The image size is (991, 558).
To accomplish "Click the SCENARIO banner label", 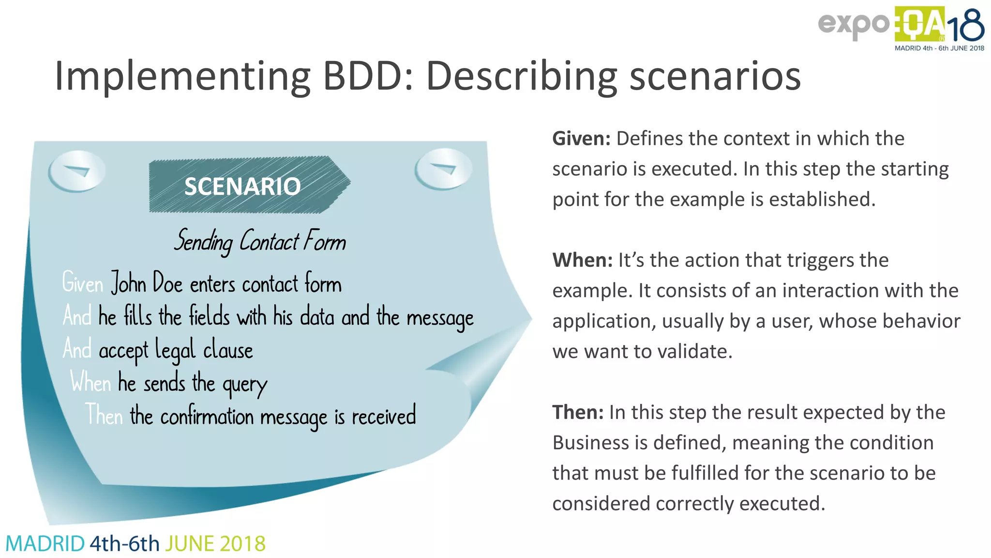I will coord(242,186).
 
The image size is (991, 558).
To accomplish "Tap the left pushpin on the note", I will coord(76,171).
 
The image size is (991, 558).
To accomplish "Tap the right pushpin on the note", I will coord(443,169).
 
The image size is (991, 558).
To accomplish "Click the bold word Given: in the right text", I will coord(582,139).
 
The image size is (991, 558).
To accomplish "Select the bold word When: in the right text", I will coord(583,261).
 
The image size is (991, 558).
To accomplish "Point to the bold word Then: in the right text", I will coord(578,413).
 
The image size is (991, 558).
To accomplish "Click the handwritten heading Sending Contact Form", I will coord(260,241).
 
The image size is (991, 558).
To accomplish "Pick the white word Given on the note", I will coord(83,283).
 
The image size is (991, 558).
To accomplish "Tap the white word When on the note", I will coord(91,382).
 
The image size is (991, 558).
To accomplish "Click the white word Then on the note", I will coord(104,415).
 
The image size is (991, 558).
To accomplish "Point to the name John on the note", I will coord(129,283).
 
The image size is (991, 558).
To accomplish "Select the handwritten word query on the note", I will coord(244,385).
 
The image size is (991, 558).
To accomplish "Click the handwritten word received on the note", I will coord(384,416).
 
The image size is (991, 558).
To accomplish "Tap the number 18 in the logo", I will coord(965,27).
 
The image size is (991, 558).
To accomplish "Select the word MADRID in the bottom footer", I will coord(45,544).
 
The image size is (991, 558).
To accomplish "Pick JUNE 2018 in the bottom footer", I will coord(215,544).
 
